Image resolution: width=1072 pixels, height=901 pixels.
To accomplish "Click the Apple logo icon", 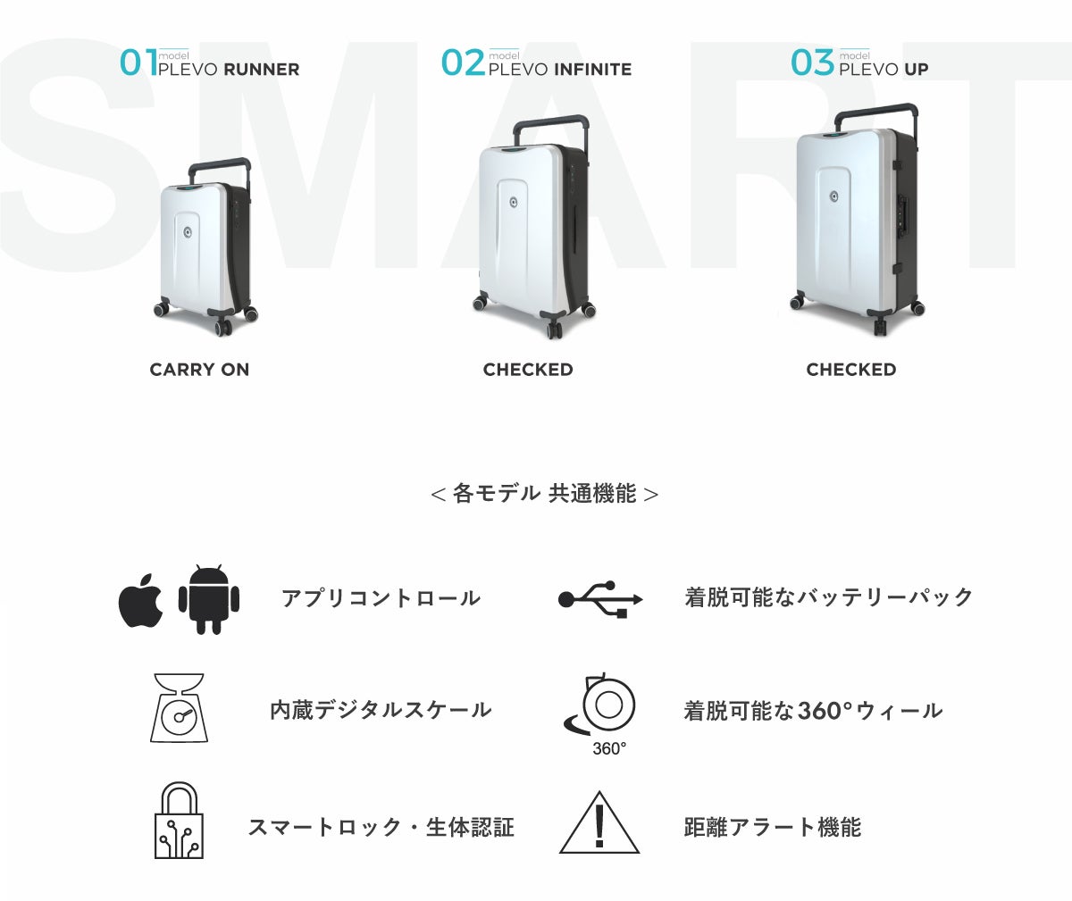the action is pos(140,600).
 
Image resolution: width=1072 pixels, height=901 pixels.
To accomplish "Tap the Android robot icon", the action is pos(209,599).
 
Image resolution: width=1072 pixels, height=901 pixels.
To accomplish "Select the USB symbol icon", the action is pos(600,599).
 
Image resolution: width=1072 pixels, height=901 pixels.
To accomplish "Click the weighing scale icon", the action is pos(180,708).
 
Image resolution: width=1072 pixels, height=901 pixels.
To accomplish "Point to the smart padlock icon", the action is pos(180,821).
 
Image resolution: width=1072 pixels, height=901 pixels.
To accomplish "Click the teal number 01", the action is pos(138,63).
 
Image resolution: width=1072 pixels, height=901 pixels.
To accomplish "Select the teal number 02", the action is pos(463,63).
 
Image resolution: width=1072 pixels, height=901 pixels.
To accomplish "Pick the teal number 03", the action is pos(812,63).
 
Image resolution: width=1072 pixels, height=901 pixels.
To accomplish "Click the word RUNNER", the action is pos(262,70).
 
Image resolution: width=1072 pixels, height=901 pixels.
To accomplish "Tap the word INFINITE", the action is pos(593,70).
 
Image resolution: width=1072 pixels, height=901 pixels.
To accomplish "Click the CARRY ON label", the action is pos(199,370).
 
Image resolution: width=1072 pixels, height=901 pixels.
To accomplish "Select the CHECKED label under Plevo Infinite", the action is pos(528,370).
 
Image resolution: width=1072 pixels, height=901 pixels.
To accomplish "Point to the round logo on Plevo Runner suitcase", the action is pos(188,233).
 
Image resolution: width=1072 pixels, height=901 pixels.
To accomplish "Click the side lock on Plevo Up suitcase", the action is pos(902,212).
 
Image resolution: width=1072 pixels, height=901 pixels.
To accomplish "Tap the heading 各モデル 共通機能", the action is pos(545,494).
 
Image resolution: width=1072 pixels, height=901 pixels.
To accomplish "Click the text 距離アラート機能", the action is pos(772,827).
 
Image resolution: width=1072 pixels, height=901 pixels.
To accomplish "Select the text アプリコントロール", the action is pos(381,597).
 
